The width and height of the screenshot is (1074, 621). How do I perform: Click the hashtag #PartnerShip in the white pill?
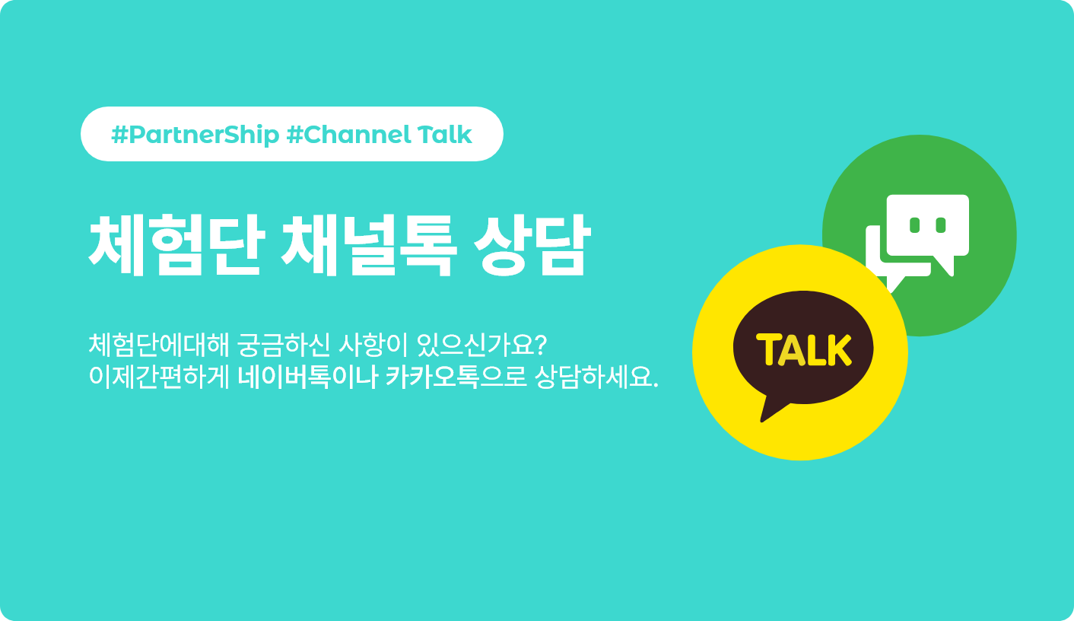195,135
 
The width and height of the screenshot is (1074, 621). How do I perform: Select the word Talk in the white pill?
445,135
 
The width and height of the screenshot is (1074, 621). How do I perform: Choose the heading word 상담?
532,245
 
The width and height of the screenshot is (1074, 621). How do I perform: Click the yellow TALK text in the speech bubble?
804,349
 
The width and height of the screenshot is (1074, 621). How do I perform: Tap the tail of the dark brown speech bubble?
773,409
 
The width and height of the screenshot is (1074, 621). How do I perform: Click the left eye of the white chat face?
914,225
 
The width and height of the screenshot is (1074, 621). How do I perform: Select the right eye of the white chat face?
941,225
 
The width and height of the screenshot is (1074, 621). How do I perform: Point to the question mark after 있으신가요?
540,345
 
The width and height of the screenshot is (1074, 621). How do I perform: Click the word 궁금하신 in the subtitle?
284,345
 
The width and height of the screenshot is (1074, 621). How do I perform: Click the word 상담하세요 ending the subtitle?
596,377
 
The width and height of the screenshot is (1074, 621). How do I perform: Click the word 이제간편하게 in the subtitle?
159,377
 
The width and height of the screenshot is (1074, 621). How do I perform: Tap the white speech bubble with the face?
928,230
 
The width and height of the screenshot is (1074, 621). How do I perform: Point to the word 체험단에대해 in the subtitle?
159,345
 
